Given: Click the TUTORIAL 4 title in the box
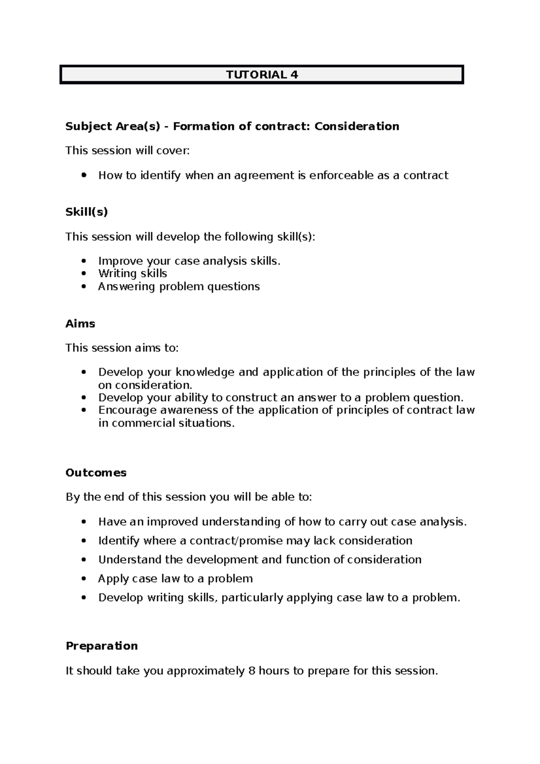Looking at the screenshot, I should pyautogui.click(x=262, y=75).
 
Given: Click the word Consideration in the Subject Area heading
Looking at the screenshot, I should pyautogui.click(x=356, y=126).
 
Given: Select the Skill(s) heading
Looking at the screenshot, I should pyautogui.click(x=87, y=212).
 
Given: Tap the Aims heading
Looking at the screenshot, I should pyautogui.click(x=80, y=324).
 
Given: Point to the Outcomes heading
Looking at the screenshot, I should pyautogui.click(x=96, y=472).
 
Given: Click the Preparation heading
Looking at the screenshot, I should pyautogui.click(x=102, y=646).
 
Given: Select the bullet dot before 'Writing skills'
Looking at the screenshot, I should pyautogui.click(x=83, y=274).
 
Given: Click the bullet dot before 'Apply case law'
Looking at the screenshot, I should pyautogui.click(x=83, y=579).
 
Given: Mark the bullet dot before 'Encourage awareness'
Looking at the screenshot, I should pyautogui.click(x=83, y=410).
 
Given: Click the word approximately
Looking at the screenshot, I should pyautogui.click(x=206, y=671).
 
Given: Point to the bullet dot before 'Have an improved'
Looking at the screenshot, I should pyautogui.click(x=83, y=522).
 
